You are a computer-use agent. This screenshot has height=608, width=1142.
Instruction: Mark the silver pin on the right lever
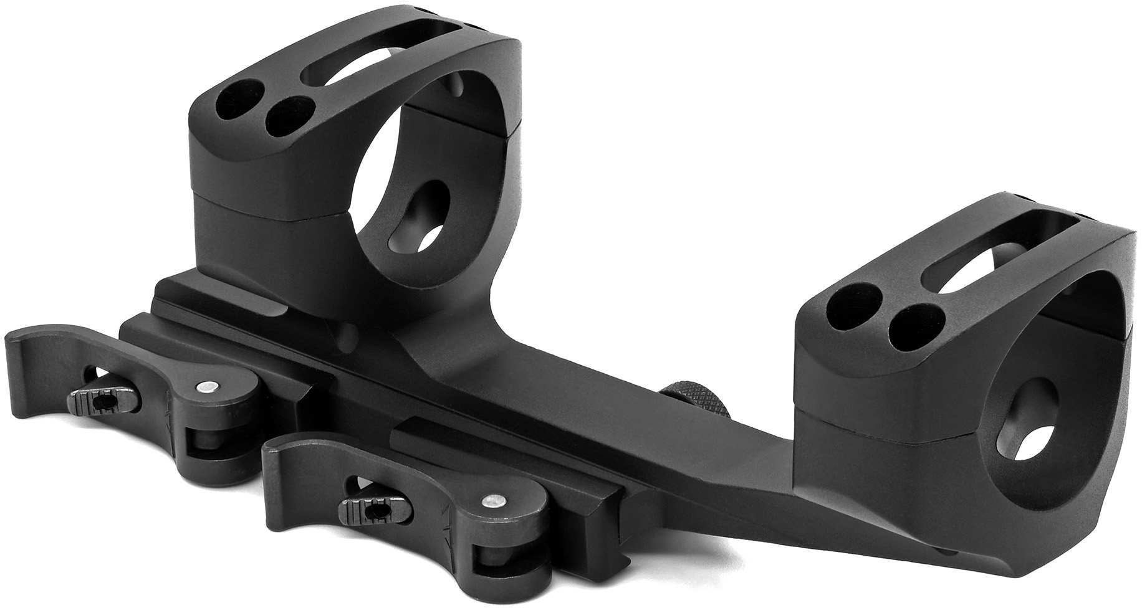pyautogui.click(x=494, y=500)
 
